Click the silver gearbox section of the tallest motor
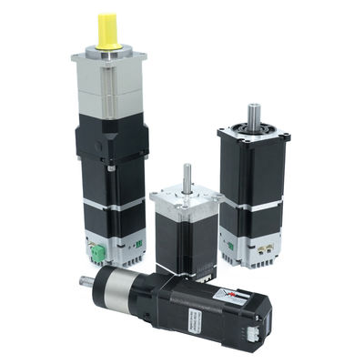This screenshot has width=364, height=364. coord(109,86)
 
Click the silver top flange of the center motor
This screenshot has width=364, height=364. coord(185,201)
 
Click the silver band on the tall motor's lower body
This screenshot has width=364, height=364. coord(111,203)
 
